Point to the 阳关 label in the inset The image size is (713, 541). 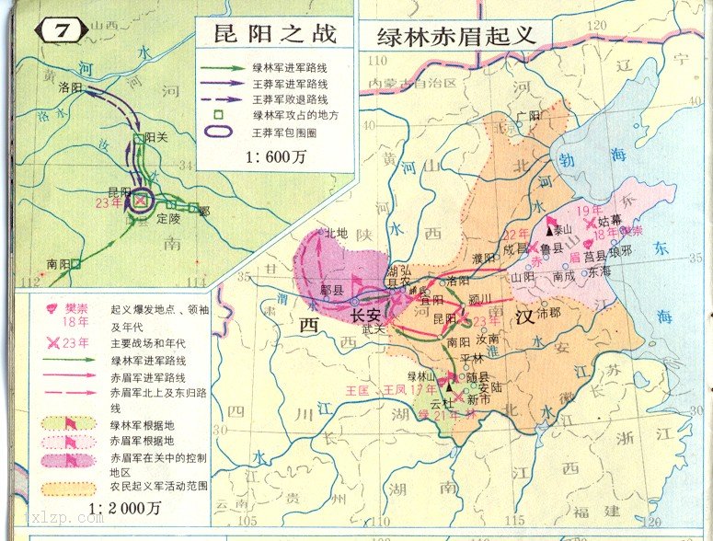157,139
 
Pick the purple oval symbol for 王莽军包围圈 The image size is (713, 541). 218,132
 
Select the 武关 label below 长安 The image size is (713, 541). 374,330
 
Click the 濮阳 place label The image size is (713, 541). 483,258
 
